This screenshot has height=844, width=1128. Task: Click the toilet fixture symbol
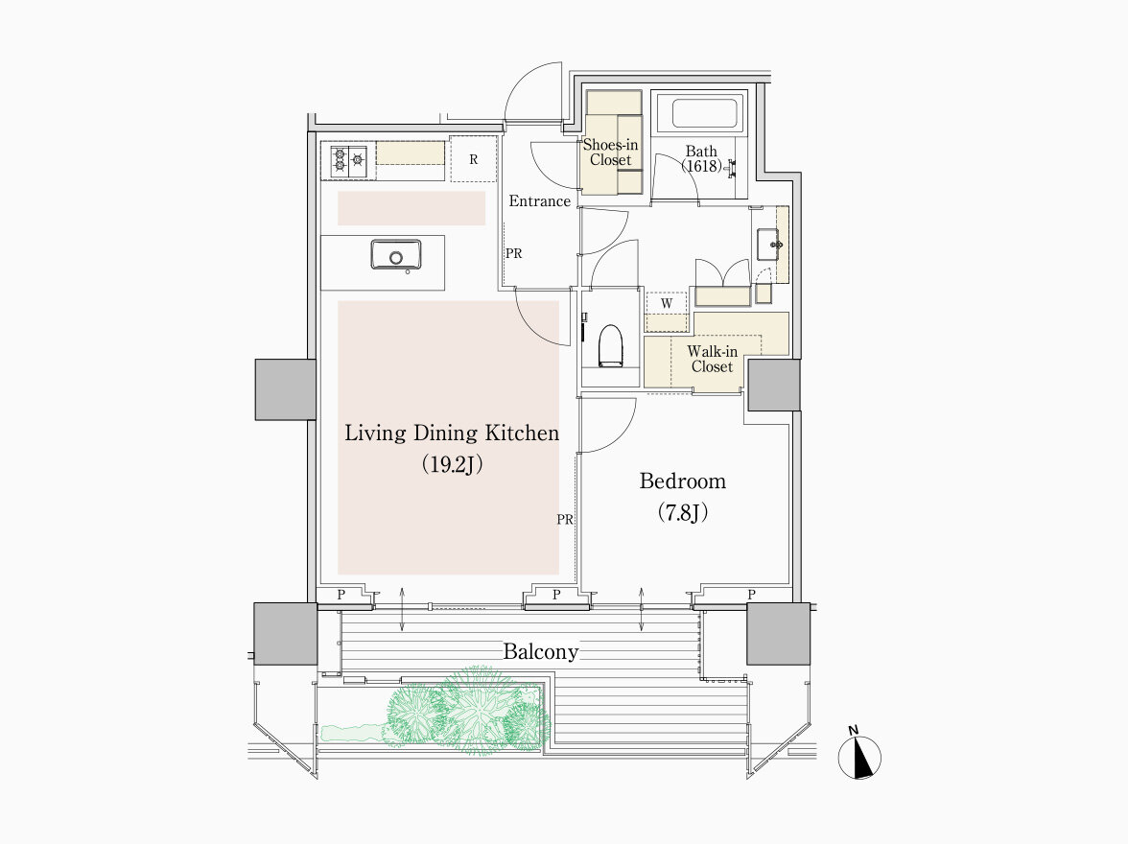[x=610, y=346]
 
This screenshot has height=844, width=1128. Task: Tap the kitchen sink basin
[x=395, y=255]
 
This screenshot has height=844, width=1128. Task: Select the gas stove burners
[x=349, y=161]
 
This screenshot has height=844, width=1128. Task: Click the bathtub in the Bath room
[x=705, y=113]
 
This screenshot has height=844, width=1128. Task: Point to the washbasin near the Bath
[x=769, y=244]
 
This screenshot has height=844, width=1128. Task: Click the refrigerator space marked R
[x=474, y=159]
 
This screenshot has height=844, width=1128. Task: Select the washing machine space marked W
[x=667, y=303]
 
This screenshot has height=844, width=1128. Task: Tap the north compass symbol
[x=859, y=755]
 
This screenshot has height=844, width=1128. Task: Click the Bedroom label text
[x=683, y=481]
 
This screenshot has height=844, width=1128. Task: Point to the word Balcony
[x=540, y=652]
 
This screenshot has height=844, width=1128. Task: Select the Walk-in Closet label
[x=712, y=359]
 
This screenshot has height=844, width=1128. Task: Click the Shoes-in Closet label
[x=611, y=152]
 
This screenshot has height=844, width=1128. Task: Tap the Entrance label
[x=539, y=200]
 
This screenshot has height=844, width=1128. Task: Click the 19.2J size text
[x=452, y=465]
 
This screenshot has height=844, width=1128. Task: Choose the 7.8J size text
[x=683, y=512]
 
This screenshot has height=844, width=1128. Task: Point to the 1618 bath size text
[x=701, y=166]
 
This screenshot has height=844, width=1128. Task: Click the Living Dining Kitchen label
[x=452, y=434]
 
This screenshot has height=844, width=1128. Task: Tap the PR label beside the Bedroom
[x=565, y=520]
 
